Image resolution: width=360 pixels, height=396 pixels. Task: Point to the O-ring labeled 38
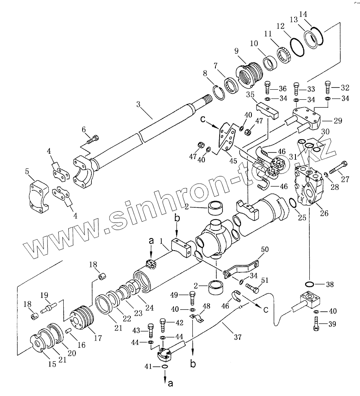point(310,285)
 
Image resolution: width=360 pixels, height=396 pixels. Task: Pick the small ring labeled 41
point(164,368)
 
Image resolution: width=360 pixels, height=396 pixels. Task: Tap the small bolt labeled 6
point(94,138)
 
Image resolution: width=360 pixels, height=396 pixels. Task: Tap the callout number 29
point(337,121)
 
